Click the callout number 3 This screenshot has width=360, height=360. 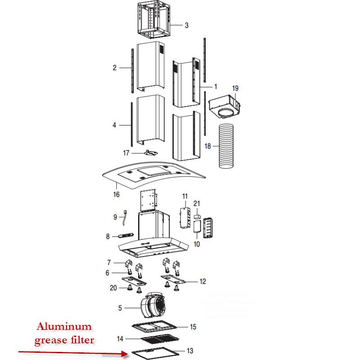(x=186, y=25)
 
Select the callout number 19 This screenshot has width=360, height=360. (x=235, y=88)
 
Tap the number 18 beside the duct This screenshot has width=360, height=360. (x=207, y=146)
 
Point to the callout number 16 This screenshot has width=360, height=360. (x=116, y=195)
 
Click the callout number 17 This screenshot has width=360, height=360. (x=126, y=153)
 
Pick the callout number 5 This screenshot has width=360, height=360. (x=120, y=308)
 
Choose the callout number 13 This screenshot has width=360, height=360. (x=189, y=351)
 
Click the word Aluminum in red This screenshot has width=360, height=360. (x=63, y=327)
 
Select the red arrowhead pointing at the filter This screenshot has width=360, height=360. (x=125, y=355)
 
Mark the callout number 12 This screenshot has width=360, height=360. (x=202, y=282)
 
